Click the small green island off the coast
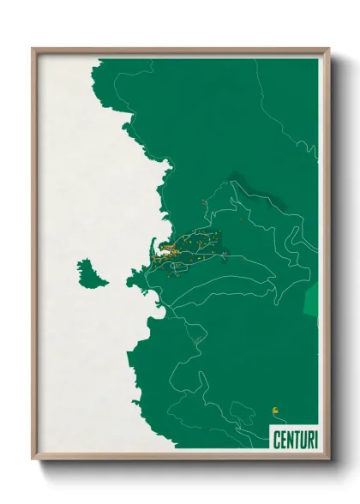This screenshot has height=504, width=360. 92,273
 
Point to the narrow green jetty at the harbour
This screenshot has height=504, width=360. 154,245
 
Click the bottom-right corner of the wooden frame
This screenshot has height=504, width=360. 328,459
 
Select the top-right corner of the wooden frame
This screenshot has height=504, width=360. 328,49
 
